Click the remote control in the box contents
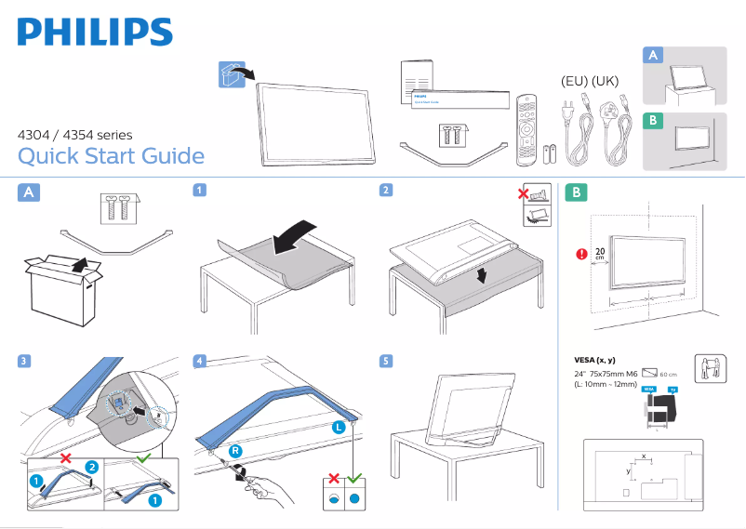click(526, 125)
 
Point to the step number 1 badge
click(199, 191)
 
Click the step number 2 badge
click(385, 191)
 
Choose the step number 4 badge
click(199, 360)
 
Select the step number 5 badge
click(385, 360)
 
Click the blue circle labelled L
click(339, 427)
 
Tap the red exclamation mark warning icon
click(582, 252)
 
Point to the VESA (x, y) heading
click(596, 360)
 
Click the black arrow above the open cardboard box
click(82, 267)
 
